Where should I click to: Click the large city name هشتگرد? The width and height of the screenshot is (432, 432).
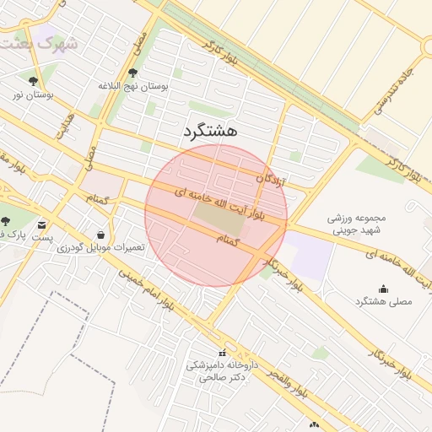click(210, 131)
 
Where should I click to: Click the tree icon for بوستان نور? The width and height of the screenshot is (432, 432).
click(33, 82)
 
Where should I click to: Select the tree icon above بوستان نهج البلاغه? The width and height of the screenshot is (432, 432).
click(134, 73)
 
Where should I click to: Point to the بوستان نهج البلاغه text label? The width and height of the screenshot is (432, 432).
click(134, 86)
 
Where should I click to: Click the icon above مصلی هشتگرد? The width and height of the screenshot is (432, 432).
click(360, 288)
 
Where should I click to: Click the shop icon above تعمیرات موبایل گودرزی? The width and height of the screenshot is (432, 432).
click(101, 235)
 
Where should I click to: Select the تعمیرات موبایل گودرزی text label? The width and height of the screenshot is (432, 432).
click(101, 248)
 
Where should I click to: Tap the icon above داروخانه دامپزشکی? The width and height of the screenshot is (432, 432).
click(222, 353)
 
